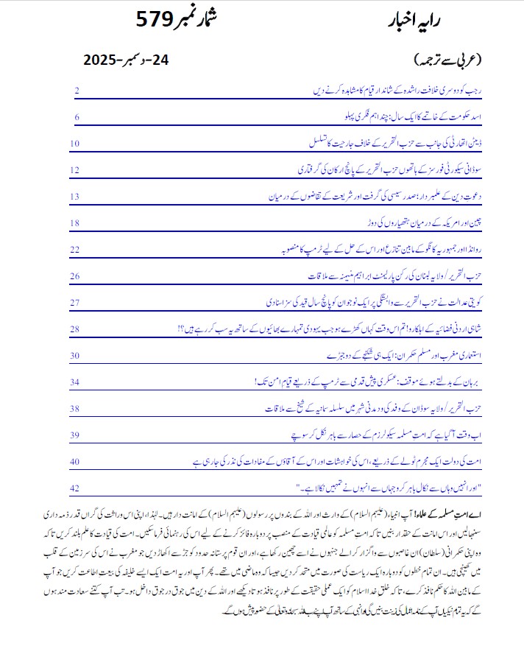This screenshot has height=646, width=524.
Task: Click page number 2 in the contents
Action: (77, 90)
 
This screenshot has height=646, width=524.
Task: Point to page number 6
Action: (77, 116)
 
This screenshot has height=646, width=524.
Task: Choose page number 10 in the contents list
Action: (75, 143)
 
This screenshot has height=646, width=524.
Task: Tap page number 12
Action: (75, 169)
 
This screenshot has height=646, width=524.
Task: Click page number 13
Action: (75, 196)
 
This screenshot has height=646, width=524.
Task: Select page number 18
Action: (75, 222)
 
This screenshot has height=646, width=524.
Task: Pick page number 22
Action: (75, 249)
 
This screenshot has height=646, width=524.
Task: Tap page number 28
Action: (75, 329)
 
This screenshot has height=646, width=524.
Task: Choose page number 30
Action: (75, 355)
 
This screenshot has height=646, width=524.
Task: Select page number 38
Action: (75, 408)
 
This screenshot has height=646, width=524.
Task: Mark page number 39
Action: (75, 435)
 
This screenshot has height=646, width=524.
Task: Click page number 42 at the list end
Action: (75, 488)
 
